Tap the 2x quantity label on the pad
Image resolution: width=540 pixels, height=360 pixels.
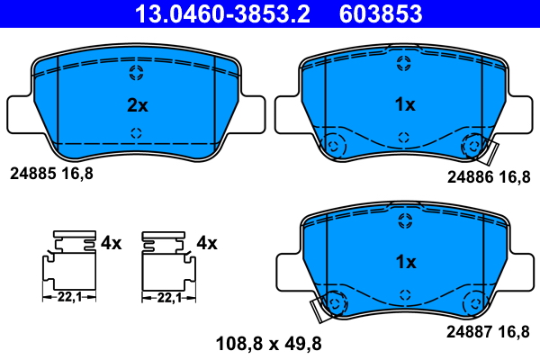point(136,105)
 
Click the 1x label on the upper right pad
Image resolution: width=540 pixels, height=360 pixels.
point(405,105)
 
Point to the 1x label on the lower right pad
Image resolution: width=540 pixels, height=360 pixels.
point(405,263)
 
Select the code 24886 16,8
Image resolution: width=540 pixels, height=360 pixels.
point(488,177)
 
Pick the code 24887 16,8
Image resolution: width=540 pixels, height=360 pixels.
point(488,332)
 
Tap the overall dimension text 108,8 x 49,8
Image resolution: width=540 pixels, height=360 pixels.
point(268,343)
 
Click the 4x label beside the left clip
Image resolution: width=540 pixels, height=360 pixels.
point(111,242)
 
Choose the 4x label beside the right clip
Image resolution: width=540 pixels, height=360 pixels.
point(207,242)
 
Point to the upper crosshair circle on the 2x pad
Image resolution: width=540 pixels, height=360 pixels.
point(136,73)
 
